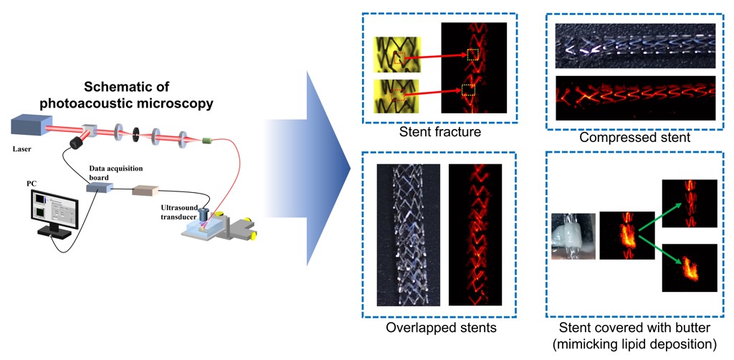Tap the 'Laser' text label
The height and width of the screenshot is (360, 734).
tap(22, 150)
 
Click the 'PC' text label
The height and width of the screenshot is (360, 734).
tap(32, 184)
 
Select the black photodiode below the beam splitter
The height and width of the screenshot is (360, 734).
tap(75, 143)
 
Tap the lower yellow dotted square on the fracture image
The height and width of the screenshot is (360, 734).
tap(468, 90)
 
